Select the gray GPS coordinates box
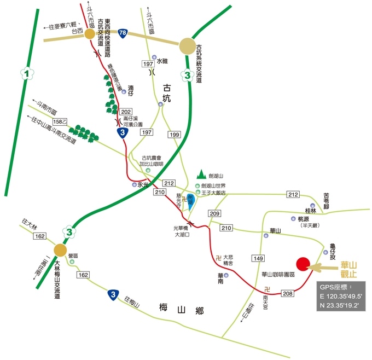click(340, 297)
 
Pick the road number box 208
click(289, 294)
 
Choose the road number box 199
click(175, 135)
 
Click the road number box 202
click(126, 112)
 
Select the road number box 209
click(214, 213)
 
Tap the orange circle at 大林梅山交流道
click(60, 251)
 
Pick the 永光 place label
click(143, 184)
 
